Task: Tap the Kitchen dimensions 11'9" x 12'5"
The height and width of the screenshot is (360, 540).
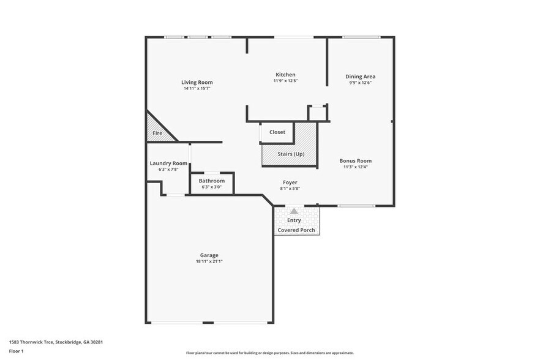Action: (x=285, y=81)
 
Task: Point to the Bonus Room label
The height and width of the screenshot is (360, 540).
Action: (x=356, y=161)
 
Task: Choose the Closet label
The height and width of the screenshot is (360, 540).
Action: (x=277, y=132)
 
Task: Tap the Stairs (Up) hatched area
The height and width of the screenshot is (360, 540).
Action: (x=290, y=154)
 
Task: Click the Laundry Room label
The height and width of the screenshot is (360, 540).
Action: (x=168, y=163)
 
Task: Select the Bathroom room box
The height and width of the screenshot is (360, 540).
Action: (x=212, y=184)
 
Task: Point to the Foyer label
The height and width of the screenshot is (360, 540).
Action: (x=290, y=182)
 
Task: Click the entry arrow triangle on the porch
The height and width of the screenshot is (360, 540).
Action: (x=293, y=211)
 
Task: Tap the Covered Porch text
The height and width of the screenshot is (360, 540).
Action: (x=296, y=230)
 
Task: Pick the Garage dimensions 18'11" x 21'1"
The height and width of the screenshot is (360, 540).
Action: (x=209, y=261)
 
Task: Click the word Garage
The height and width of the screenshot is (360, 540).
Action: (x=209, y=255)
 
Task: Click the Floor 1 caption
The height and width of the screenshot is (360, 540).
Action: (x=16, y=351)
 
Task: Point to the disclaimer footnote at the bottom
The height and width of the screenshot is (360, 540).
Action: (x=269, y=353)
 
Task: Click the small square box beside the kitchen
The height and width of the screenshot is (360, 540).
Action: (x=317, y=113)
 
